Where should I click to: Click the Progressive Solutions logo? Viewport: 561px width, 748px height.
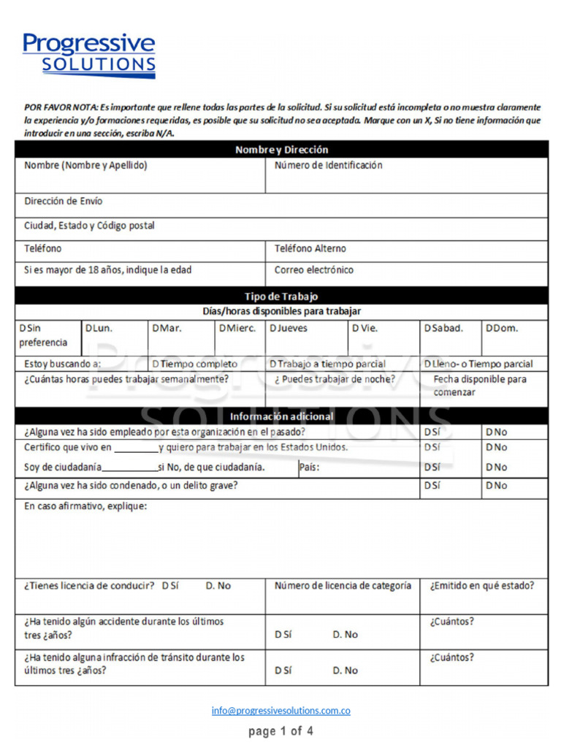(x=88, y=55)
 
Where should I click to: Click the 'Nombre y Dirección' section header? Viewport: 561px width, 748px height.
(x=281, y=150)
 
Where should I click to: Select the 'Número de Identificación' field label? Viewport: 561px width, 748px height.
(x=328, y=166)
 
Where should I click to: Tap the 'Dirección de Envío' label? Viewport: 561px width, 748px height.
(x=64, y=202)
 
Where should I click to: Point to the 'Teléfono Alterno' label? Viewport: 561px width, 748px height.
(x=310, y=249)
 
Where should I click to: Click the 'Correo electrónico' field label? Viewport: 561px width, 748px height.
(x=314, y=270)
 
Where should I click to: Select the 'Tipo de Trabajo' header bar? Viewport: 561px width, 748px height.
(x=281, y=297)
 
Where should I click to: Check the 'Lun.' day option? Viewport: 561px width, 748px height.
(x=99, y=329)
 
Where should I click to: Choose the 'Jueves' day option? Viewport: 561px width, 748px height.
(x=289, y=329)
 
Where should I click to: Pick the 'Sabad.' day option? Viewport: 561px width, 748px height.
(x=443, y=329)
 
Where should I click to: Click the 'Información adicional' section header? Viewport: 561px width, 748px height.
(x=281, y=416)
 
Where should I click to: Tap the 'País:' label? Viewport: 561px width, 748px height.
(x=310, y=467)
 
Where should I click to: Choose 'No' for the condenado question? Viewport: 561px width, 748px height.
(x=496, y=486)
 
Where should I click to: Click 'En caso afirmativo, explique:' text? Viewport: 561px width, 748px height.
(x=85, y=506)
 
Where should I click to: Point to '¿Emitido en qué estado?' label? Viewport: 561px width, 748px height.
(x=482, y=586)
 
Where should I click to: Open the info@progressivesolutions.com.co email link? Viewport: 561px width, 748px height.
(x=281, y=711)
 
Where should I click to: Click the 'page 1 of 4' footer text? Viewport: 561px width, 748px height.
(x=281, y=731)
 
